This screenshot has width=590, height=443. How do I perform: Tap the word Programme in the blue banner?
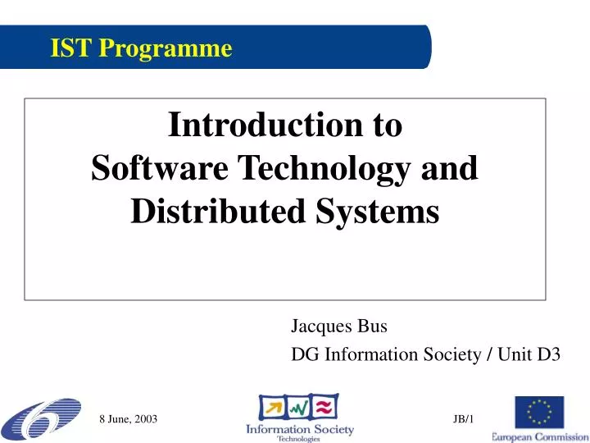pos(166,49)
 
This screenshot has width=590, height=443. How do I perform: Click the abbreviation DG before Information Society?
pos(306,354)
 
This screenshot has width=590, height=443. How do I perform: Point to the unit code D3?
pos(548,354)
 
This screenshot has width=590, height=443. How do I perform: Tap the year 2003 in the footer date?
pos(145,419)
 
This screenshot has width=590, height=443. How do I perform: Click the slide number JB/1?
pos(463,419)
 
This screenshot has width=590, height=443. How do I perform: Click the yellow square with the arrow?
pos(273,406)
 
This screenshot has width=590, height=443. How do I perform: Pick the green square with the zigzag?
pos(299,406)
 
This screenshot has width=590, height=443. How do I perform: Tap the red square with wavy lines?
pos(325,406)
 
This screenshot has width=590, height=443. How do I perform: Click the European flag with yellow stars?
pos(539,412)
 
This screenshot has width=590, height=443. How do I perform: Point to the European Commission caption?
pos(539,436)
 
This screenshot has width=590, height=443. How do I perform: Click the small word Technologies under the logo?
pos(299,439)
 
